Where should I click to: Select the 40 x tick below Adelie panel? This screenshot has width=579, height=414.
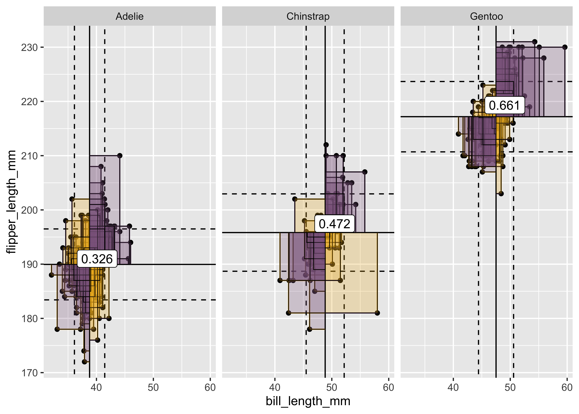[96, 388]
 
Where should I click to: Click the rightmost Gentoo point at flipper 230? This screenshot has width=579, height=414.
[565, 47]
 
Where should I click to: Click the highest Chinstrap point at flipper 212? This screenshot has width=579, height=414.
[326, 145]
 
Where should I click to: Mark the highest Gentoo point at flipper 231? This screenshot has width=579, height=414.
[535, 42]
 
